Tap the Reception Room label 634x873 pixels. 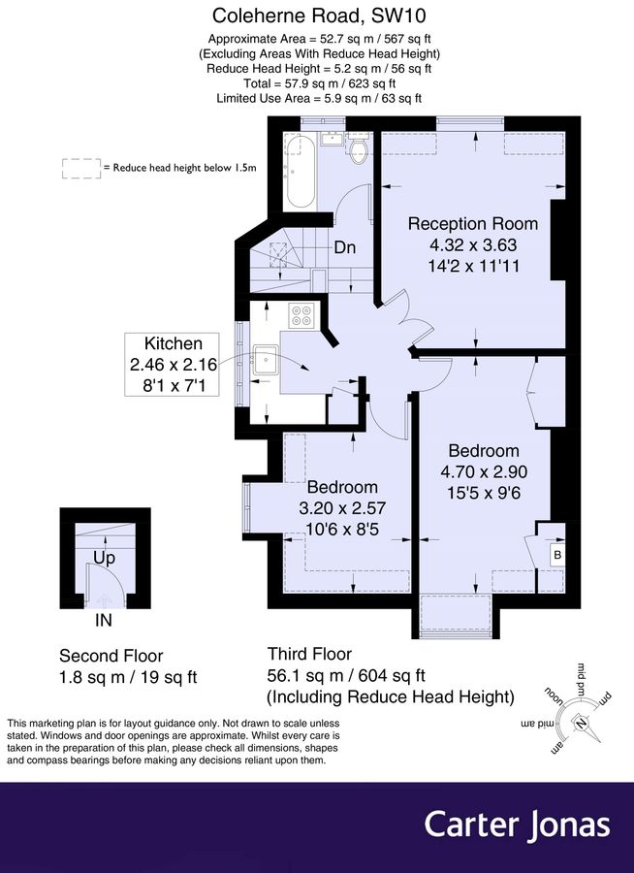point(472,223)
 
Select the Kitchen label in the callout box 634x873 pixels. point(174,343)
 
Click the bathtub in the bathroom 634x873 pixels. point(300,172)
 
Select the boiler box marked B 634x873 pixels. point(556,556)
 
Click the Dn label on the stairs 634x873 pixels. point(345,247)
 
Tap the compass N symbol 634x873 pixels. point(580,721)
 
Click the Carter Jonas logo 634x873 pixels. point(517,824)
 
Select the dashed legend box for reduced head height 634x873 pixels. point(80,168)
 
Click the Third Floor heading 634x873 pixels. point(309,654)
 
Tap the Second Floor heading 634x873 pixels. point(111,655)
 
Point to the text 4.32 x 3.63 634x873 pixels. point(472,243)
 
